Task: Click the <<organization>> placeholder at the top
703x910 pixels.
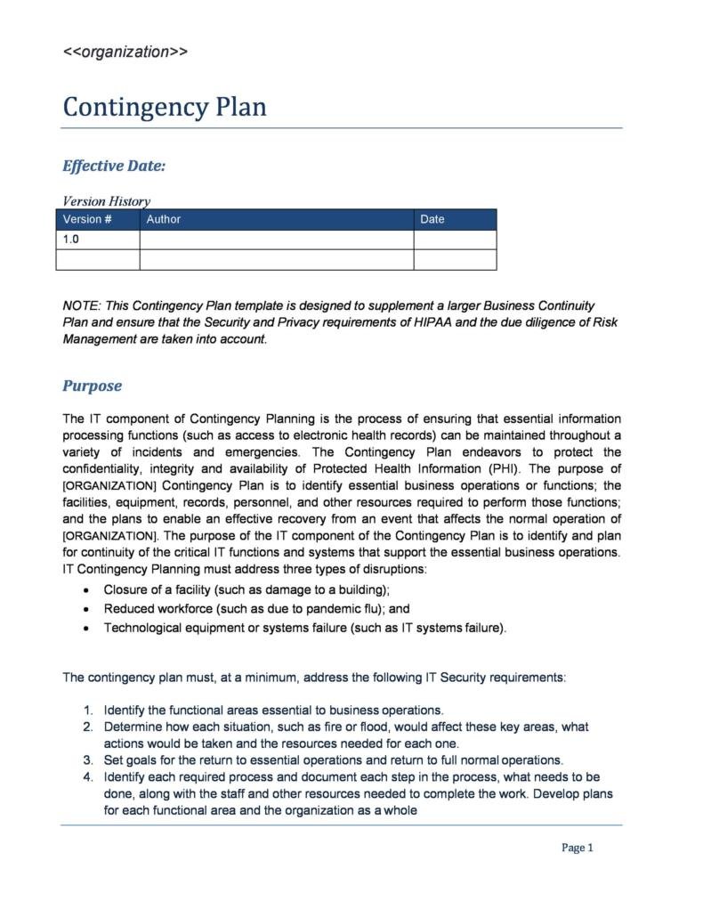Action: [x=125, y=52]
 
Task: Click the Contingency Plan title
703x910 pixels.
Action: [x=165, y=107]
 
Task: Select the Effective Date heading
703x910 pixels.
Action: [x=114, y=166]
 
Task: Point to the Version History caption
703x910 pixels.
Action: [x=106, y=201]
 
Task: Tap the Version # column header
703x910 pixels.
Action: [x=87, y=219]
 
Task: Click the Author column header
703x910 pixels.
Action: [x=164, y=219]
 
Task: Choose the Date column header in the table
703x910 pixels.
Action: [x=432, y=219]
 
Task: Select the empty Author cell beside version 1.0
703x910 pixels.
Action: [x=276, y=240]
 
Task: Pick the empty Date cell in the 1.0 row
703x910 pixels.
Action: [x=455, y=240]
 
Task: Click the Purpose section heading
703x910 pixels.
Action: [x=92, y=386]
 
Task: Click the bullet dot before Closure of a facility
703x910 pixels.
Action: [x=85, y=590]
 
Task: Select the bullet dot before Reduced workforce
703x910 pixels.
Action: [x=85, y=610]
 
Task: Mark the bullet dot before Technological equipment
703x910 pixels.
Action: [x=85, y=629]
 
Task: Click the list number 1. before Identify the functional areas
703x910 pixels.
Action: [x=88, y=710]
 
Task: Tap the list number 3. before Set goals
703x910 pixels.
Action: [x=88, y=760]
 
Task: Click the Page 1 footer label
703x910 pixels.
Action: [x=577, y=848]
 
